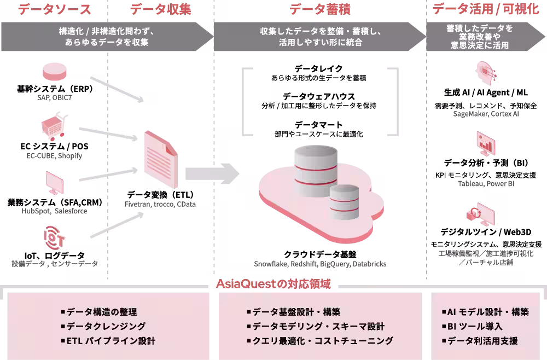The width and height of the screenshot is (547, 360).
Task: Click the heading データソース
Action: point(54,9)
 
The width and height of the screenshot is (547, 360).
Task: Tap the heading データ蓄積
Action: point(320,9)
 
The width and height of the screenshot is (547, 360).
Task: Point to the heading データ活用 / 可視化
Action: point(486,9)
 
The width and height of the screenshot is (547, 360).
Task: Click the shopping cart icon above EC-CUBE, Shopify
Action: point(54,126)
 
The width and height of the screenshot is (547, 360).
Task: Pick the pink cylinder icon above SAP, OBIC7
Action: point(54,71)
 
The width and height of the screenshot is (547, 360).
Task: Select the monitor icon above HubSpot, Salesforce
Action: point(54,183)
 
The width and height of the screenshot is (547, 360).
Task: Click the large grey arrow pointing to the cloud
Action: point(212,173)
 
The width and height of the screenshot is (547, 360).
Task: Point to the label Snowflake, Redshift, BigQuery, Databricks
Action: point(320,264)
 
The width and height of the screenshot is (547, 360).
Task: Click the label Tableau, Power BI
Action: point(486,184)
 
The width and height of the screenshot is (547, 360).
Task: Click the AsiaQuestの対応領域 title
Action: point(273,284)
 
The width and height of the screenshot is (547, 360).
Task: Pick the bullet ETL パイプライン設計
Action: point(111,341)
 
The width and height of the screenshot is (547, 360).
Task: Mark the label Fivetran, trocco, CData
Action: point(160,204)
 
